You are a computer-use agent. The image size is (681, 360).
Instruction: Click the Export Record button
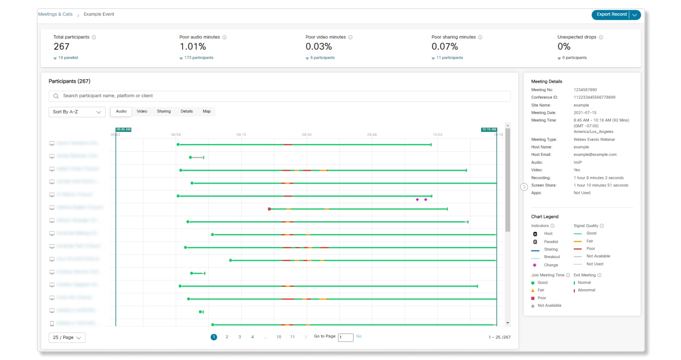(x=611, y=14)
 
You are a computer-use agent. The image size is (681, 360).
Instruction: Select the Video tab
(x=142, y=111)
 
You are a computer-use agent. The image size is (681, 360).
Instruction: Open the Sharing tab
(x=164, y=111)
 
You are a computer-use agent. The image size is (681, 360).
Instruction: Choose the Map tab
(x=207, y=111)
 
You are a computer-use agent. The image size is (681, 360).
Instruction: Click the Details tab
(x=187, y=111)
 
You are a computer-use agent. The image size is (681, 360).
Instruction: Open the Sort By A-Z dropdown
(x=77, y=112)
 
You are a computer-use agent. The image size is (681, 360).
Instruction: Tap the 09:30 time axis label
(x=307, y=135)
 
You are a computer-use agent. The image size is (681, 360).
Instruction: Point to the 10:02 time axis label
(x=437, y=135)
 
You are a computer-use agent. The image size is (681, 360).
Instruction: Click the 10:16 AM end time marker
(x=489, y=129)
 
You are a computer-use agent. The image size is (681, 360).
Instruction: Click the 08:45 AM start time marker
(x=123, y=129)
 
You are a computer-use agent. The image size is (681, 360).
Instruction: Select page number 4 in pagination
(x=253, y=337)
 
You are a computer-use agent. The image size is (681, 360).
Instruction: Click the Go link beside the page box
(x=359, y=336)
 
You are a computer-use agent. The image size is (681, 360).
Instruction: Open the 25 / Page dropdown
(x=67, y=337)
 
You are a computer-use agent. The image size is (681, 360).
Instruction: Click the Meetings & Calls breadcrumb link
(x=55, y=14)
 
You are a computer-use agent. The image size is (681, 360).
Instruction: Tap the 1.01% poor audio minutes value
(x=192, y=47)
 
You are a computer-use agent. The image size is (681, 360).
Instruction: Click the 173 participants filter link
(x=198, y=58)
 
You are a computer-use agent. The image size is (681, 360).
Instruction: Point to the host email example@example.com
(x=595, y=155)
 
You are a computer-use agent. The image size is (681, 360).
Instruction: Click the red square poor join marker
(x=269, y=209)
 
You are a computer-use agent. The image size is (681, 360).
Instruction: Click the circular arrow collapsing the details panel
(x=524, y=187)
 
